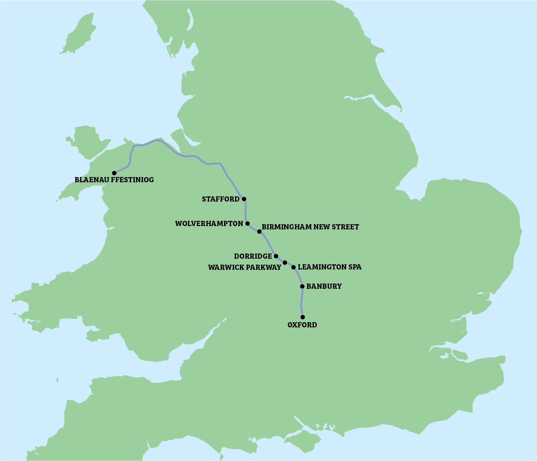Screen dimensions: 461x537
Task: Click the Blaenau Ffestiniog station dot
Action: (114, 173)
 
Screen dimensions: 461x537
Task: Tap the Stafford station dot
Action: (244, 199)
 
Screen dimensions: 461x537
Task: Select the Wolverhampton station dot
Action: (248, 223)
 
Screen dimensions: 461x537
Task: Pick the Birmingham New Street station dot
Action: (259, 232)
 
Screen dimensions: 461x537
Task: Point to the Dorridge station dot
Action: (276, 256)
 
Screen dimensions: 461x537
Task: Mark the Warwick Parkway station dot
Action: (285, 263)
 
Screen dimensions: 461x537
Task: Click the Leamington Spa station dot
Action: (293, 267)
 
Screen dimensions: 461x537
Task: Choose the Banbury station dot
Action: (302, 286)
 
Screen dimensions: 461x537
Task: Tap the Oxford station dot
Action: (303, 317)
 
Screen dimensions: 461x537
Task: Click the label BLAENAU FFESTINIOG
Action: (114, 180)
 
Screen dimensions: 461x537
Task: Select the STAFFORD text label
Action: (221, 199)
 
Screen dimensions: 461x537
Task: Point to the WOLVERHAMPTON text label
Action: (209, 224)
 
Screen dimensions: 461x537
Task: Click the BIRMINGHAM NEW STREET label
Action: (310, 227)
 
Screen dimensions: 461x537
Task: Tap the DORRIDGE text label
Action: (253, 256)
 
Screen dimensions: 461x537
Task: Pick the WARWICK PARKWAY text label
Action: (245, 268)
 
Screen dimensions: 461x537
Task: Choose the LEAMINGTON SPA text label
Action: (329, 267)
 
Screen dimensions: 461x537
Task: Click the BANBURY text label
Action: (324, 287)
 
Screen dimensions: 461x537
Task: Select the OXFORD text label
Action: (302, 325)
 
